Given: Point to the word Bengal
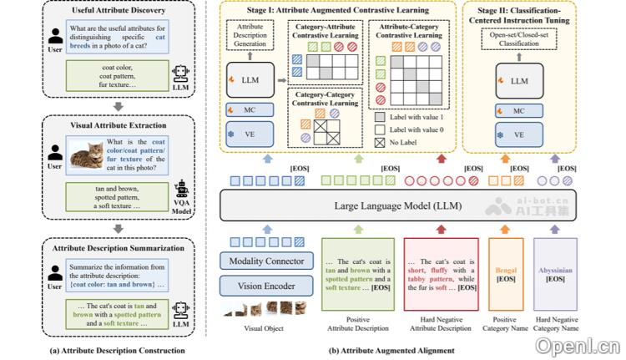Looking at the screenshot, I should click(x=506, y=271).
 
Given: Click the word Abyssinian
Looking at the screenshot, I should click(x=554, y=271).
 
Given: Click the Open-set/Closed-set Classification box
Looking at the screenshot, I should click(x=518, y=38).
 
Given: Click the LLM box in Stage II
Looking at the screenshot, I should click(x=519, y=81).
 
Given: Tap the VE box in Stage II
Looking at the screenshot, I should click(x=519, y=134).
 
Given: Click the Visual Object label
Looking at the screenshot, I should click(x=264, y=328).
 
